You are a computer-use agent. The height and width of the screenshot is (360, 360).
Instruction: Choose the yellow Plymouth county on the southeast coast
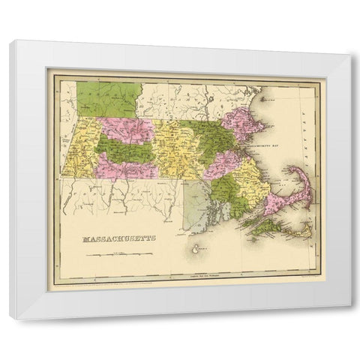[251, 180]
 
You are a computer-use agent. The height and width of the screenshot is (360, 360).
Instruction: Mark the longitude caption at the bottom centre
[201, 278]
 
